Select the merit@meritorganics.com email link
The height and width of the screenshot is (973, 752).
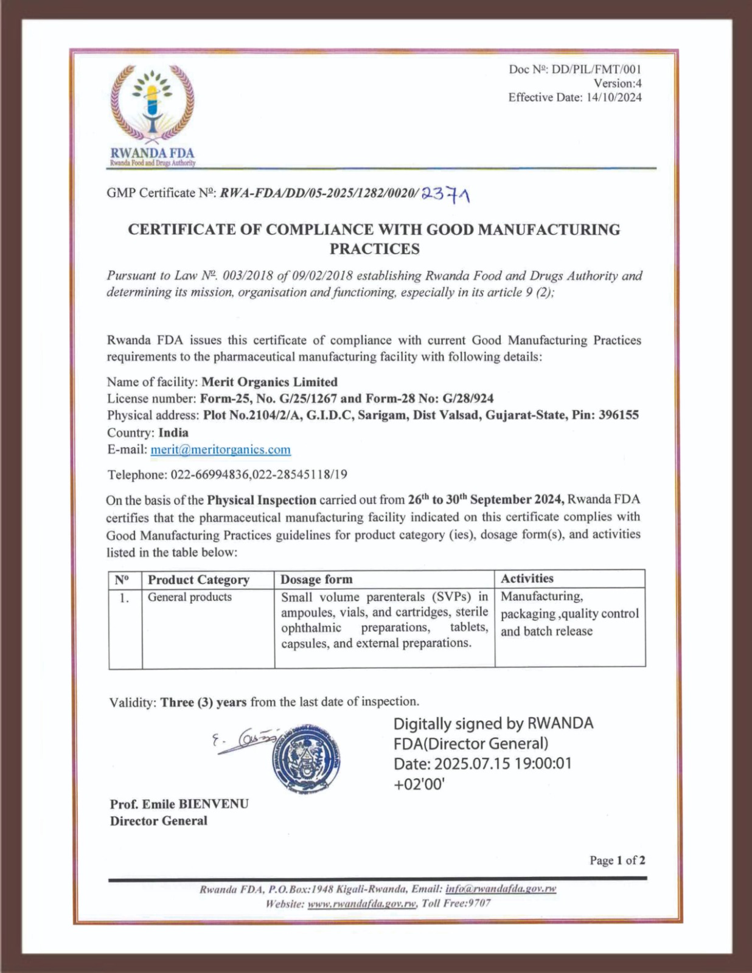220,449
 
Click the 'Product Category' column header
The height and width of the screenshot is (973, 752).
198,580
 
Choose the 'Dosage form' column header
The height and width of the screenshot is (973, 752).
316,580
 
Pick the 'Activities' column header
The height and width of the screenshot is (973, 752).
527,578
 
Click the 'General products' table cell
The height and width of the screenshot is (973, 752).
190,597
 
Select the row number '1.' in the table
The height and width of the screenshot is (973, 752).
124,598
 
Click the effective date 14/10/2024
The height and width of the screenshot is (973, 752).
614,97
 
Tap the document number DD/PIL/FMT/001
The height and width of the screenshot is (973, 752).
596,69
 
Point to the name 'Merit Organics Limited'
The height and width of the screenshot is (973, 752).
269,382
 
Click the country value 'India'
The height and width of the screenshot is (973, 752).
173,433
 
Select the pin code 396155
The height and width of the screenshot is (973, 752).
618,415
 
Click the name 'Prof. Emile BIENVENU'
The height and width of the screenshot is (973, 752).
179,804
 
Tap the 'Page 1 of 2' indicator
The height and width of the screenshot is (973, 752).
617,860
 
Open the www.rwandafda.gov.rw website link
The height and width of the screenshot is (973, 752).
362,904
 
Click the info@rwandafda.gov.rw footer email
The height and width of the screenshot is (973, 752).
501,889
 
